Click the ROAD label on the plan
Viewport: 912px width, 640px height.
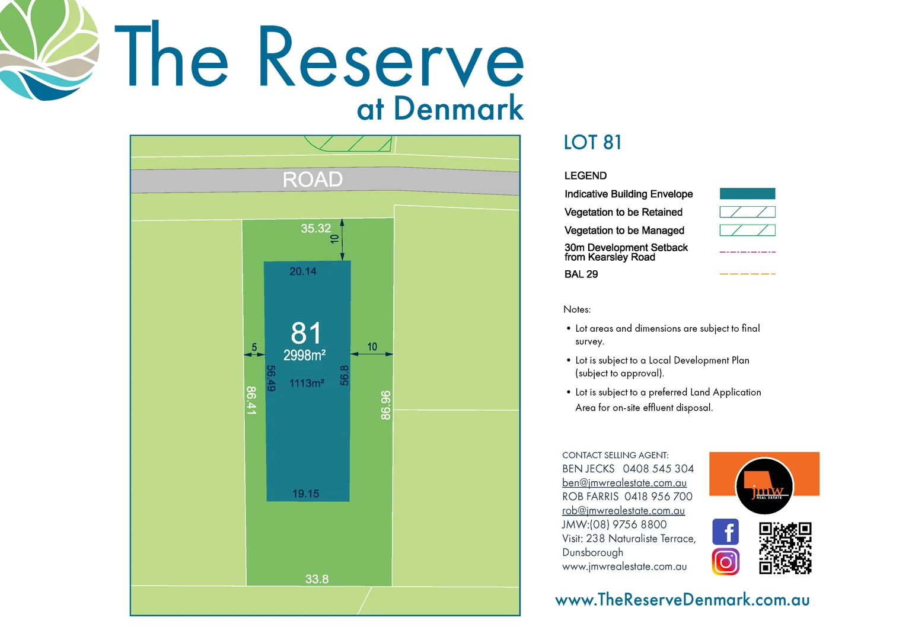coord(312,179)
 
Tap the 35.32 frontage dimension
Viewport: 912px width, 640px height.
coord(315,228)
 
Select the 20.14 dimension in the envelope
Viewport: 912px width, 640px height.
coord(302,271)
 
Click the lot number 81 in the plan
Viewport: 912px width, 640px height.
coord(306,333)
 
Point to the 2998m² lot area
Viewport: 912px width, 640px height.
coord(304,356)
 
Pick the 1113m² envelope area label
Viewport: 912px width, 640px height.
coord(307,383)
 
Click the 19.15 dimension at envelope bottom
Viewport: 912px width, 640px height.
coord(305,494)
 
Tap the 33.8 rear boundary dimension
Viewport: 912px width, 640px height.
coord(317,579)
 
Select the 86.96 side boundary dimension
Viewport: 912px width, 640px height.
coord(385,405)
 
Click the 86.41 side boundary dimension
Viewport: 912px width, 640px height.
coord(251,401)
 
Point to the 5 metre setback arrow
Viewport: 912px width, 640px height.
coord(254,354)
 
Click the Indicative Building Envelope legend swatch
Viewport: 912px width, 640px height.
coord(747,194)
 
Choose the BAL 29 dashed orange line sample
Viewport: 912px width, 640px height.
coord(747,274)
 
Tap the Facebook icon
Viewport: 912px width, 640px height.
coord(725,532)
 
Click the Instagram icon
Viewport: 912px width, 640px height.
coord(725,562)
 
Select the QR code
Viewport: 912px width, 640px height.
coord(785,548)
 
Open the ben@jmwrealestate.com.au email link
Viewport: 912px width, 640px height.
coord(624,483)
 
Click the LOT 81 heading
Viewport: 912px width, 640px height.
coord(592,143)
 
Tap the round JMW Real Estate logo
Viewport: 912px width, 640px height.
coord(764,487)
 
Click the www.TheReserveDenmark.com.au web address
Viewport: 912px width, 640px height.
coord(682,600)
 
